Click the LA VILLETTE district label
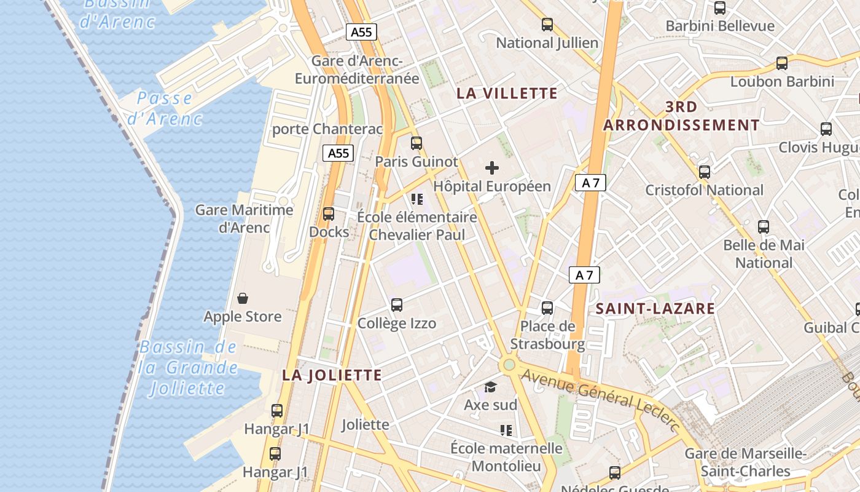pos(507,93)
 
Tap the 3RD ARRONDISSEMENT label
pos(681,116)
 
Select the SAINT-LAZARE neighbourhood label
pos(655,309)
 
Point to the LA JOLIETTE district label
pos(332,375)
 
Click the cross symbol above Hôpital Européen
pos(492,167)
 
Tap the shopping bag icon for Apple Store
pos(243,299)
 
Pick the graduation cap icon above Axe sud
pos(490,387)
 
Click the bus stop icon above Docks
pos(329,214)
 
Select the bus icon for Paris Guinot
pos(416,143)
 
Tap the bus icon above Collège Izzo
pos(397,305)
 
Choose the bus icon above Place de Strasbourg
pos(547,307)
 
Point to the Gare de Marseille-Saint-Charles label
pos(745,462)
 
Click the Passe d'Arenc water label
pos(165,108)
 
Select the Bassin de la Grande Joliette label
pos(188,367)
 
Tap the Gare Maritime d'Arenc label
pos(244,219)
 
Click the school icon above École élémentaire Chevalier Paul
pos(417,199)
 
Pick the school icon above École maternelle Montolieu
pos(506,430)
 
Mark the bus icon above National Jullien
pos(547,25)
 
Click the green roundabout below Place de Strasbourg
pos(509,365)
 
